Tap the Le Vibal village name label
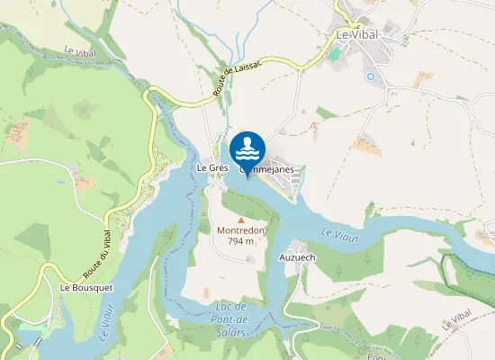[356, 34]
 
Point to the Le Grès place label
[212, 168]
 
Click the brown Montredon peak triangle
[240, 219]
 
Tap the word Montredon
[240, 229]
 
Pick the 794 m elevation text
[240, 241]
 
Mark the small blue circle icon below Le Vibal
[370, 76]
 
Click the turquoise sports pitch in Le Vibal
[335, 54]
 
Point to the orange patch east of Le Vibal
[424, 79]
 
